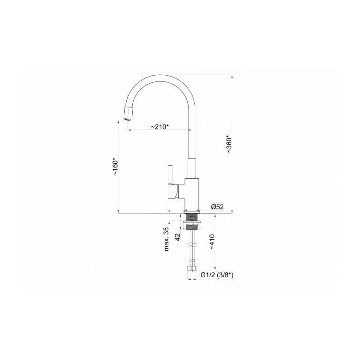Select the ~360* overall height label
pos(229,145)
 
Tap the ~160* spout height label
pos(115,166)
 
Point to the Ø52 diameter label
pos(217,207)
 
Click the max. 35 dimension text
pos(166,239)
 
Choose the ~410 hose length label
pos(211,242)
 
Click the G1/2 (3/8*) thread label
pos(217,275)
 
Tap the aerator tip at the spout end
pos(128,114)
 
